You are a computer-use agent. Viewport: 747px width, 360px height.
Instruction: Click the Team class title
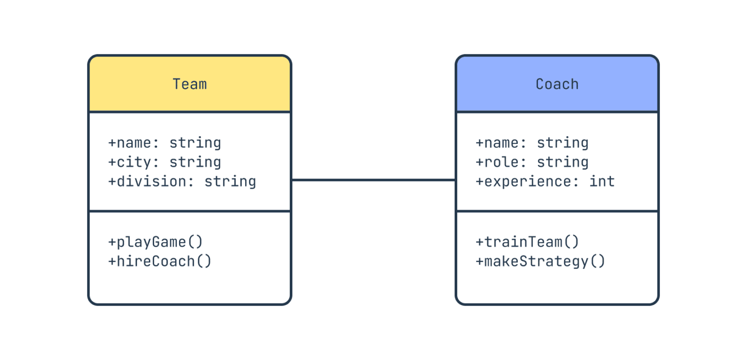[x=190, y=84]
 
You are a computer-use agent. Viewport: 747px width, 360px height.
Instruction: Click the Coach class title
[x=557, y=84]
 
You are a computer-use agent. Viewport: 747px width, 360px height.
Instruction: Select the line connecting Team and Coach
[x=373, y=180]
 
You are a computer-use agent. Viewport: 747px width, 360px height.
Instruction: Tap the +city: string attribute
[x=164, y=162]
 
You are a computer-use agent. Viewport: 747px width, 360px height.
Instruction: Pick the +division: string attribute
[x=182, y=181]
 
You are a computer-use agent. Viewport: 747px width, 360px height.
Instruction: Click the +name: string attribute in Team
[x=164, y=143]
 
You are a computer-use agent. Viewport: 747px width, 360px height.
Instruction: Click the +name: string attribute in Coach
[x=532, y=143]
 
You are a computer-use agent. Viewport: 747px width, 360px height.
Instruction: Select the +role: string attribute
[x=532, y=162]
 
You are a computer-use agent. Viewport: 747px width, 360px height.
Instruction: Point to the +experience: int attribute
[x=545, y=181]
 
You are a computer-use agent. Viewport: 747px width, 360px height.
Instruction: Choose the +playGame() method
[x=156, y=242]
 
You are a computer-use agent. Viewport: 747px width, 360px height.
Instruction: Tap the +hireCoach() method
[x=160, y=261]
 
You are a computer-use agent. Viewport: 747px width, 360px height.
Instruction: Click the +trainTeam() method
[x=528, y=242]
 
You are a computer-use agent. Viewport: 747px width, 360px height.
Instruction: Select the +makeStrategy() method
[x=540, y=261]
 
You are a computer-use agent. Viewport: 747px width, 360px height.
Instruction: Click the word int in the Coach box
[x=602, y=181]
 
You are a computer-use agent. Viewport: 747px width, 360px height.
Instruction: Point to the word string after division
[x=230, y=181]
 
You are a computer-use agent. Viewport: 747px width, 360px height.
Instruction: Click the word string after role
[x=563, y=162]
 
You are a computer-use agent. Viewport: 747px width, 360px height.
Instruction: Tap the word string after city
[x=195, y=162]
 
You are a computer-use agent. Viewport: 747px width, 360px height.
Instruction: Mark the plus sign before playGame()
[x=112, y=242]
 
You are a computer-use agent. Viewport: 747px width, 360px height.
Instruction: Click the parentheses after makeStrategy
[x=598, y=261]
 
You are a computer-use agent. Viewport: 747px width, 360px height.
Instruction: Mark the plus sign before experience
[x=480, y=181]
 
